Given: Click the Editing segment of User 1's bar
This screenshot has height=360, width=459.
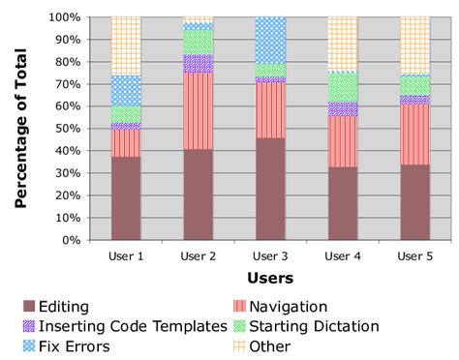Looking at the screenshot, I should point(126,198).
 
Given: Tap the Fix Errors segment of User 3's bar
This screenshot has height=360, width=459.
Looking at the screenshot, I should point(270,40).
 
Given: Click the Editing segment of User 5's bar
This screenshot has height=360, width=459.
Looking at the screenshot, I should point(414,202).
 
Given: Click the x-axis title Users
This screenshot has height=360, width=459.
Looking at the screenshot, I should point(270,278).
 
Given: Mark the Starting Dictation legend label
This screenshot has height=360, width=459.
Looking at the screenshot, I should point(324,326).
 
